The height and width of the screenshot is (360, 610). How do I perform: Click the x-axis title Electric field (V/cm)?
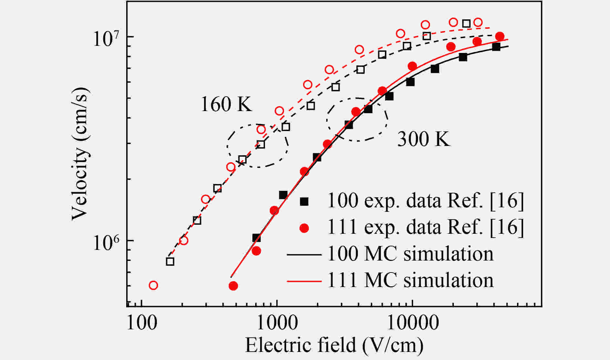334,345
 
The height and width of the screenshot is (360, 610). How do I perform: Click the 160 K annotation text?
226,104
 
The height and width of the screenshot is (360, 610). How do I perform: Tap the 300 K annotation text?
423,139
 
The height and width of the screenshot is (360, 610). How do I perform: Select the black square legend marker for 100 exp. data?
304,201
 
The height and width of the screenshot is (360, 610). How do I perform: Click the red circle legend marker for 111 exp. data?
304,228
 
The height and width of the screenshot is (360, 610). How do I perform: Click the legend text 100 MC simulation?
410,254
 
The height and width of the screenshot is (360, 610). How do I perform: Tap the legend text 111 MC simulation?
410,281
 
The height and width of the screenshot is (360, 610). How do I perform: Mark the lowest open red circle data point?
153,285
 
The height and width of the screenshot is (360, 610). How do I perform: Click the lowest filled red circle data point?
233,286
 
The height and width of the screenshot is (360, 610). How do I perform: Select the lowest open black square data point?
170,261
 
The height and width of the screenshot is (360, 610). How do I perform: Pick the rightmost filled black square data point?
496,47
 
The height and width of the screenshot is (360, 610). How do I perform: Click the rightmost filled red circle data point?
500,36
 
